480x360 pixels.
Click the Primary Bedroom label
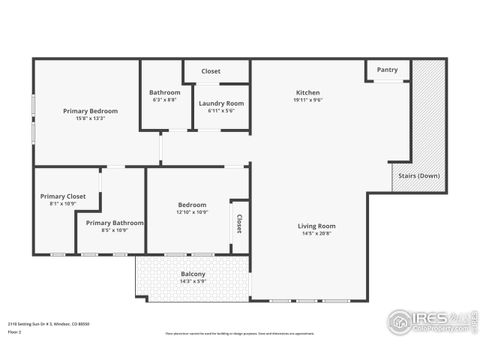[90, 110]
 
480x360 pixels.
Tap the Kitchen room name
[307, 92]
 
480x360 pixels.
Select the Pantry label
[387, 70]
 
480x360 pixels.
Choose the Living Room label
[316, 226]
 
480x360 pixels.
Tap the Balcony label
[193, 274]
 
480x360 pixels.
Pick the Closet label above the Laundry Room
[211, 71]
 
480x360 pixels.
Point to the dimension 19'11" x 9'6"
[307, 100]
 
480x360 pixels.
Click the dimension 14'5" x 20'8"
[316, 234]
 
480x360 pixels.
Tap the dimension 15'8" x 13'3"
[90, 119]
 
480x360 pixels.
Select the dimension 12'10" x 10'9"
[192, 212]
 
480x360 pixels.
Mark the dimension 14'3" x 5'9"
[193, 282]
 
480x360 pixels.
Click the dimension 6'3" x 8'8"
[164, 100]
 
